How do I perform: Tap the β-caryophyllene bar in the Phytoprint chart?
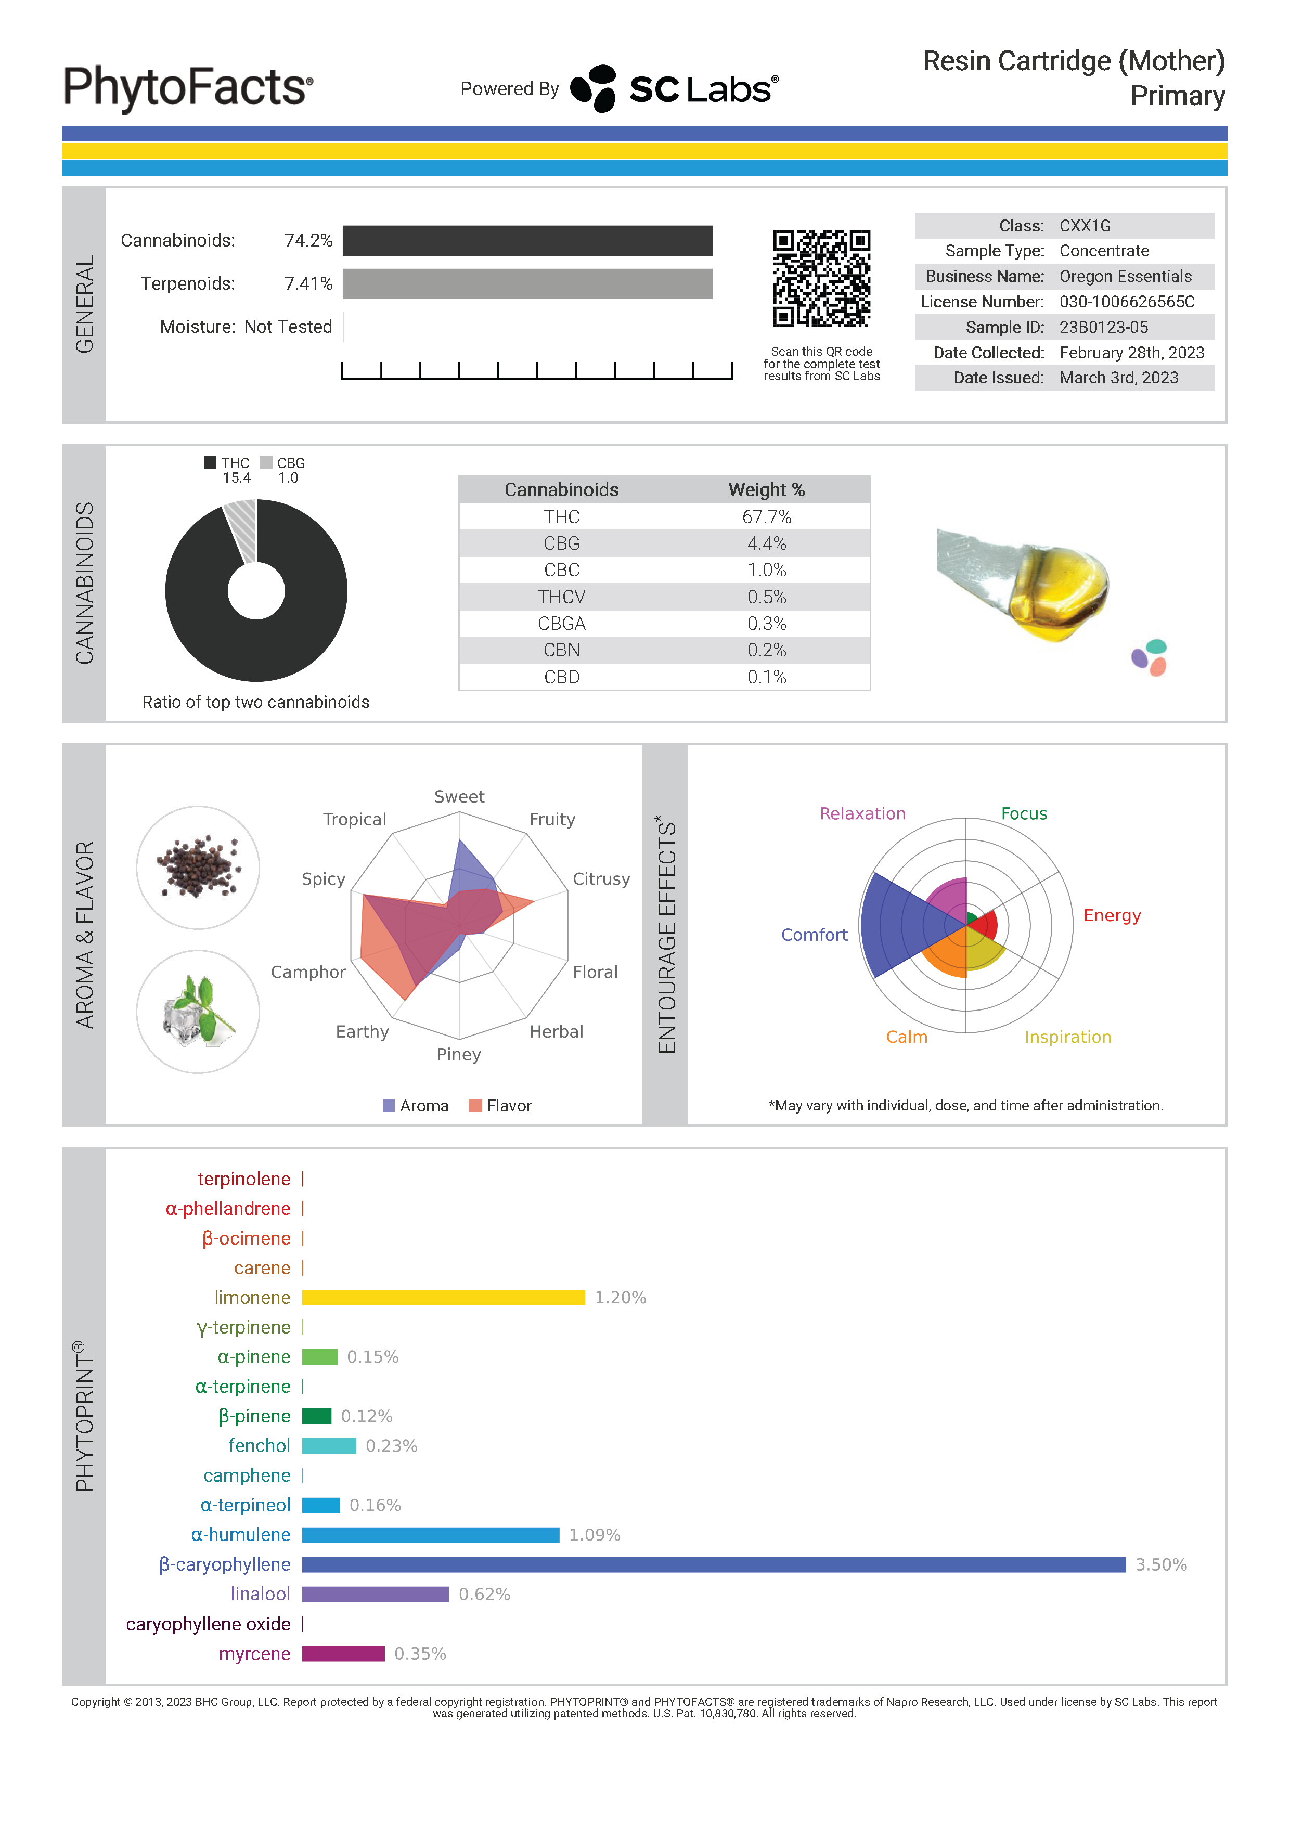[713, 1564]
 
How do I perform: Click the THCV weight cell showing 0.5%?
[766, 597]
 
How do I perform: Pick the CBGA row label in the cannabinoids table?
[561, 623]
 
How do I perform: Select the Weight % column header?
[766, 489]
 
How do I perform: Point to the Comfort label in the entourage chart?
[814, 935]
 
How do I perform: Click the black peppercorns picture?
[198, 867]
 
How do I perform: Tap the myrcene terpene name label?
[254, 1653]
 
